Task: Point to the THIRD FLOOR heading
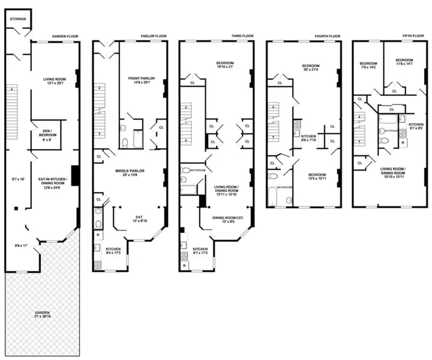[243, 36]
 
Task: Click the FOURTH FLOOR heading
[327, 36]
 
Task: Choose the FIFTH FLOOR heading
[414, 36]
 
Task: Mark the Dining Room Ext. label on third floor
[227, 220]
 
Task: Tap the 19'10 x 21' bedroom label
[226, 65]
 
